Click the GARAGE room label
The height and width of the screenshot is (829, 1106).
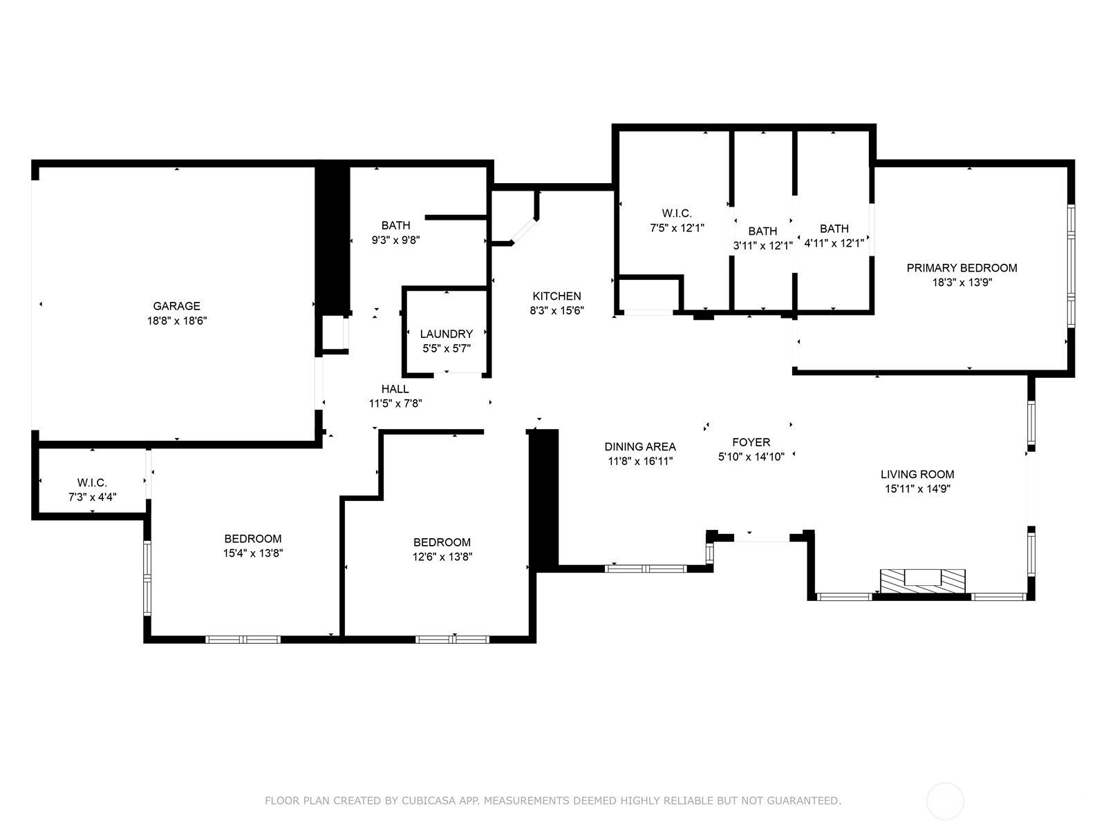pyautogui.click(x=176, y=306)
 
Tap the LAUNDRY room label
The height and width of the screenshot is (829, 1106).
pyautogui.click(x=447, y=334)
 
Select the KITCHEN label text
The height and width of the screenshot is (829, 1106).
pyautogui.click(x=556, y=296)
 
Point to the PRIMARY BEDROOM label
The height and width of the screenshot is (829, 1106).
pyautogui.click(x=962, y=268)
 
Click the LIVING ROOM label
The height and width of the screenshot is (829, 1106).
pyautogui.click(x=917, y=474)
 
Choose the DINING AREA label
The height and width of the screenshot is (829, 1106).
pyautogui.click(x=640, y=446)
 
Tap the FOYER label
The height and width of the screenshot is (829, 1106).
pyautogui.click(x=751, y=442)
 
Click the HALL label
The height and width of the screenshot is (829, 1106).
pyautogui.click(x=395, y=388)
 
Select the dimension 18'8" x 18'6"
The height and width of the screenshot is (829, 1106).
pyautogui.click(x=177, y=321)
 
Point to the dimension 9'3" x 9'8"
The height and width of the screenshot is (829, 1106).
pyautogui.click(x=395, y=240)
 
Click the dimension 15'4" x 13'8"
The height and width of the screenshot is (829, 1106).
pyautogui.click(x=253, y=553)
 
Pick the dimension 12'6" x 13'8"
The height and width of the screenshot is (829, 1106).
pyautogui.click(x=442, y=557)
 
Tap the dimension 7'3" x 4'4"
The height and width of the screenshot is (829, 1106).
pyautogui.click(x=92, y=497)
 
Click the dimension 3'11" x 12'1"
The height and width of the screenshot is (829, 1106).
pyautogui.click(x=763, y=246)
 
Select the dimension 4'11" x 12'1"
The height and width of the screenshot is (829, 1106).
pyautogui.click(x=834, y=243)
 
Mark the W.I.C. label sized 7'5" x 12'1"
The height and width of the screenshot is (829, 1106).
pyautogui.click(x=677, y=213)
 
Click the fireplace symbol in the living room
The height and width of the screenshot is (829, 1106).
pyautogui.click(x=923, y=582)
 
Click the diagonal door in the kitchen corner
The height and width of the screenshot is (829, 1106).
pyautogui.click(x=524, y=231)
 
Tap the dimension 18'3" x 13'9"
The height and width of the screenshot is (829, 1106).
pyautogui.click(x=962, y=283)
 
